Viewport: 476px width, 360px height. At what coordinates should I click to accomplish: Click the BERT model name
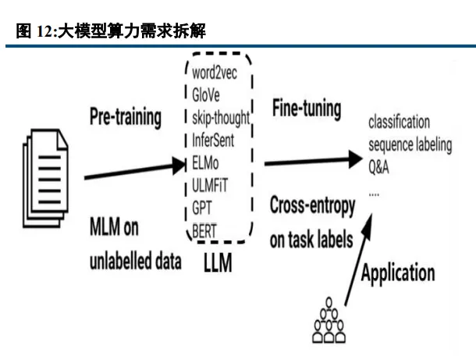204,228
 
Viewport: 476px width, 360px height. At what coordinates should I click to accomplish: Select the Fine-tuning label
307,109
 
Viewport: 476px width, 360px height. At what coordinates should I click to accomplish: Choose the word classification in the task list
399,123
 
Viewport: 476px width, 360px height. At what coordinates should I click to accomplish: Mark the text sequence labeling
409,146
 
